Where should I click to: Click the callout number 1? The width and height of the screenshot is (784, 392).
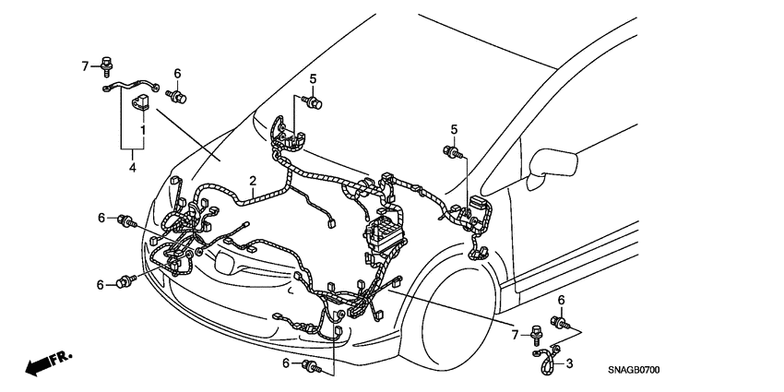coord(143,132)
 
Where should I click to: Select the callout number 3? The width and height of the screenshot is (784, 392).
coord(569,363)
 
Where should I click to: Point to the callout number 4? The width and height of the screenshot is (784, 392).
coord(133,169)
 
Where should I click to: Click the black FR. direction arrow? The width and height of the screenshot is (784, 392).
coord(46,363)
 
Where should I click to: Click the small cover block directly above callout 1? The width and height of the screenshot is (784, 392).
coord(143,100)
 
